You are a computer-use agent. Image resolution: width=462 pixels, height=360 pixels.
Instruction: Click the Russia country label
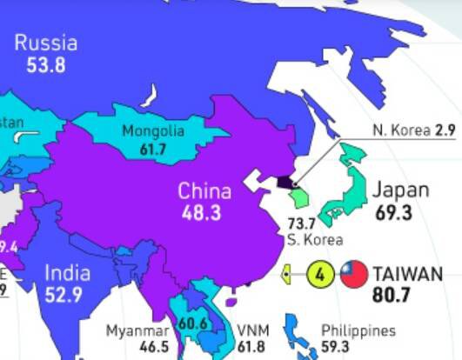[x=46, y=43]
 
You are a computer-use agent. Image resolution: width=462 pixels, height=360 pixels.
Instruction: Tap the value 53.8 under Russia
[x=46, y=64]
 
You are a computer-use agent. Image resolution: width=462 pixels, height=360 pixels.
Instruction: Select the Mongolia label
[x=153, y=131]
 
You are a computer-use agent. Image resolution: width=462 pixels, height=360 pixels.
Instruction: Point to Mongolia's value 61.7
[x=153, y=149]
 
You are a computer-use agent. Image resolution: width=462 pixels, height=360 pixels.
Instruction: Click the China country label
[x=204, y=191]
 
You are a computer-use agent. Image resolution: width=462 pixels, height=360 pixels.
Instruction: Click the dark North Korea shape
[x=285, y=183]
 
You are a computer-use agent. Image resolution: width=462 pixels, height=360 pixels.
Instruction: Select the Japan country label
[x=400, y=190]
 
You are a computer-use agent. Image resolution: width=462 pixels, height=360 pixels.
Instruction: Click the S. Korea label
[x=315, y=239]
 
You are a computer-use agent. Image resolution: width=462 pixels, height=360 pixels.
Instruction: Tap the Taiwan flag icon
[x=353, y=275]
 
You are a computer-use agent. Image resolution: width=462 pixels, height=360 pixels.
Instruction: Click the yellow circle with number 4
[x=320, y=275]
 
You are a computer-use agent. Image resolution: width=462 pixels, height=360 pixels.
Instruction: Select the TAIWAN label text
[x=407, y=275]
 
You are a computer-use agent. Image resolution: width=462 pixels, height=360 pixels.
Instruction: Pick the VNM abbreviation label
[x=254, y=331]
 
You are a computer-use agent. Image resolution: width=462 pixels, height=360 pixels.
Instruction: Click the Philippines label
[x=358, y=330]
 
